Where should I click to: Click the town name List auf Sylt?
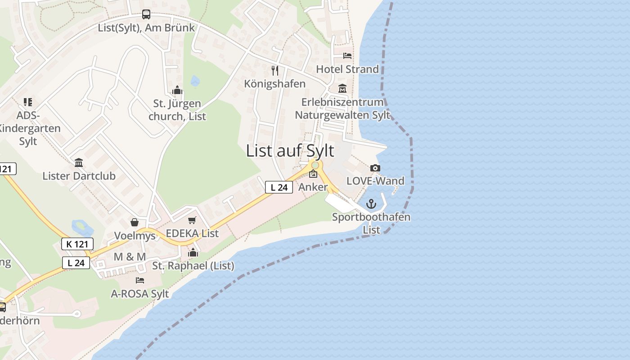point(290,151)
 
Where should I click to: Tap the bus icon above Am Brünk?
point(146,14)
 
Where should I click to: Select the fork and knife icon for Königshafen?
point(275,71)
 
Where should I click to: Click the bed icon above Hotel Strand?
point(347,56)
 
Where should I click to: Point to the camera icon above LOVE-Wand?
point(375,168)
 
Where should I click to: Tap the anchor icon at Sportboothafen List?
point(371,204)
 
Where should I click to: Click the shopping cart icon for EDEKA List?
point(192,220)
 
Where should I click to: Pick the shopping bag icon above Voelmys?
point(134,222)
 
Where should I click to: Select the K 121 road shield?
point(77,244)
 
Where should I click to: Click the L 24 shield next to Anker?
point(279,187)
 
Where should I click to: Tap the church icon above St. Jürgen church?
point(177,90)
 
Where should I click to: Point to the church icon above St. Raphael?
point(193,252)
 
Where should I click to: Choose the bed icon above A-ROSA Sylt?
point(140,280)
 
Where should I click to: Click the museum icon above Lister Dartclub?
point(79,162)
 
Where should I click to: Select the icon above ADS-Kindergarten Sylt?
point(28,102)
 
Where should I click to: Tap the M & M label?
point(130,256)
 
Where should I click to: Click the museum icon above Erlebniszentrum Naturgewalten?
point(342,89)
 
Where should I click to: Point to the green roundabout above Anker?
point(315,166)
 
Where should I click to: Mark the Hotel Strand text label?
point(347,69)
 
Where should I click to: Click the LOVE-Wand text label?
point(375,181)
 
